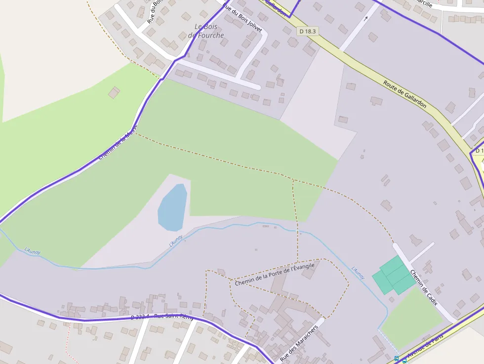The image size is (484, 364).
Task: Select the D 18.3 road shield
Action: (307, 31)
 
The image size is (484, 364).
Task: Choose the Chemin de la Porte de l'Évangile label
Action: (275, 275)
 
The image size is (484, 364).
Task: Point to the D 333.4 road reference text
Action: (140, 317)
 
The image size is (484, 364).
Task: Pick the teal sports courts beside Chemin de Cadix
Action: (394, 276)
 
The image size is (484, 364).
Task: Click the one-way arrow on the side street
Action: (365, 19)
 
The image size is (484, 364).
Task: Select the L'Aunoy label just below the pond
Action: (176, 241)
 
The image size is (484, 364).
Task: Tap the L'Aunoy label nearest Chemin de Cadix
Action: (358, 274)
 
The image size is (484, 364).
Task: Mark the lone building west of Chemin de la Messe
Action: (114, 92)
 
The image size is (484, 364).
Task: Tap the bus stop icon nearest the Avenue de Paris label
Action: (404, 361)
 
